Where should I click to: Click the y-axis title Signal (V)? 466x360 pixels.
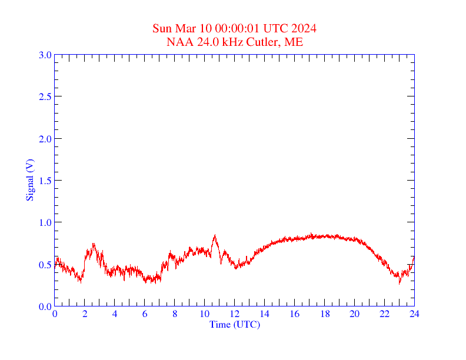tap(29, 180)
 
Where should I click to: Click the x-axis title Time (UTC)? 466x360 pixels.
tap(234, 324)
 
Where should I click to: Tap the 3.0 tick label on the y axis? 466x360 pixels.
tap(45, 55)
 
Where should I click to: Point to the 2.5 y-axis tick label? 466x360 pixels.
tap(45, 96)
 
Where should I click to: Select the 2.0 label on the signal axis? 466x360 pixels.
tap(45, 139)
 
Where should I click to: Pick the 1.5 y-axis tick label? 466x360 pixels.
tap(45, 181)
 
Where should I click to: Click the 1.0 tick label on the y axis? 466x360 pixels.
tap(45, 222)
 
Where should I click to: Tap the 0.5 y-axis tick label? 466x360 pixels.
tap(45, 265)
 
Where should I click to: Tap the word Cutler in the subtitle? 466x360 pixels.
tap(265, 42)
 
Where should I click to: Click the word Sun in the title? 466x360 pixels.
tap(162, 29)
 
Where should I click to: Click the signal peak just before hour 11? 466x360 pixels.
tap(215, 236)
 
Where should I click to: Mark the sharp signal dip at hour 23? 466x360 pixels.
tap(400, 283)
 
